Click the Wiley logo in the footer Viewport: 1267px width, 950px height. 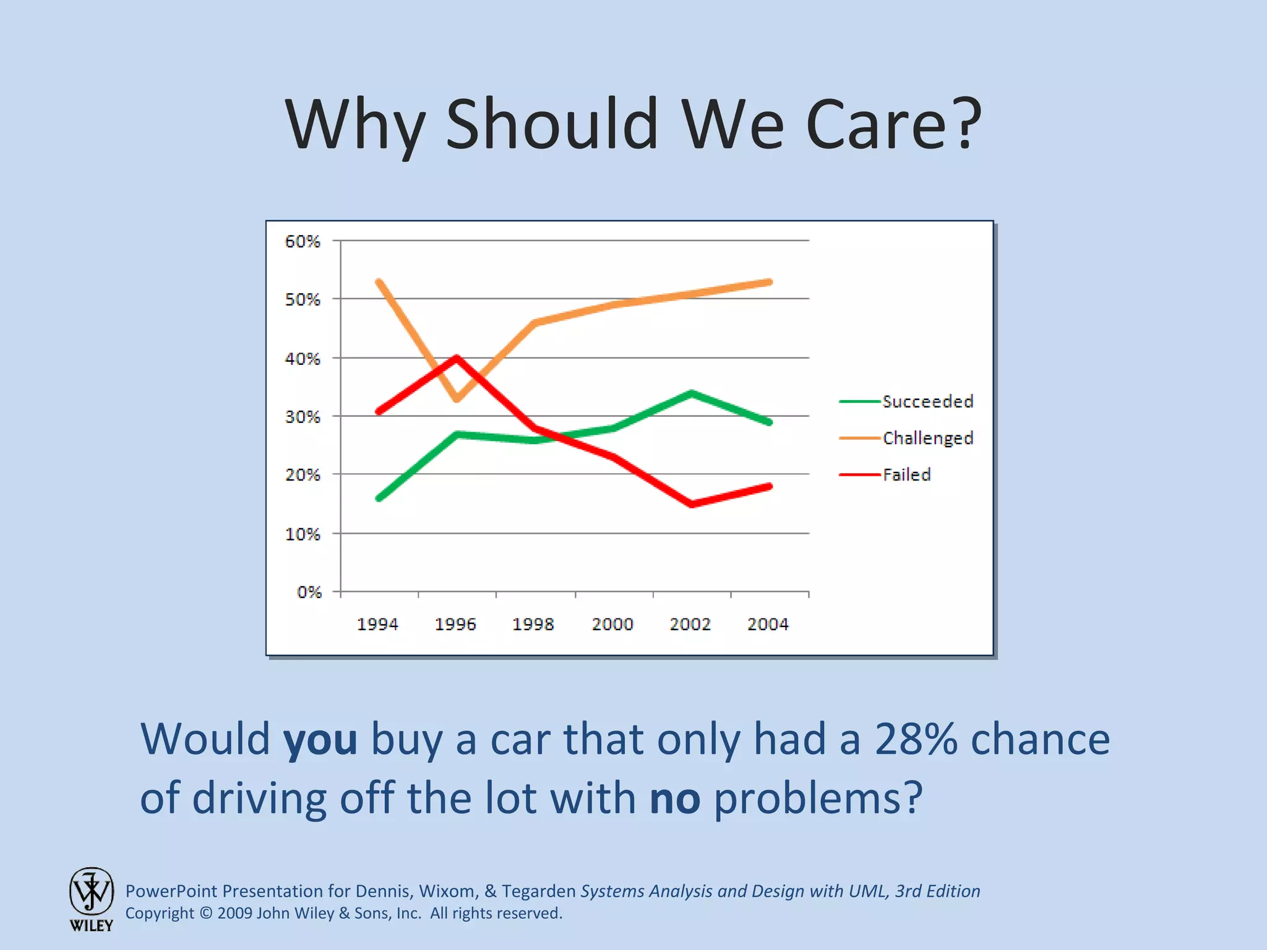tap(92, 898)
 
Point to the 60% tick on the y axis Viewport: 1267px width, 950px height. tap(302, 241)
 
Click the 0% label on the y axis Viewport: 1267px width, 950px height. tap(309, 592)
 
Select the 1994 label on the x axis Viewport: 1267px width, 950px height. tap(377, 623)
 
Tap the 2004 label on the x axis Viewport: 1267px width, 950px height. tap(768, 623)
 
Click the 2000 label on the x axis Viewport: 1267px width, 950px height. tap(612, 623)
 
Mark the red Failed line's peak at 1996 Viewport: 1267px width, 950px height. tap(457, 357)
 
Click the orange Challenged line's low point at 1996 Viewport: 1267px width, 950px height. tap(457, 400)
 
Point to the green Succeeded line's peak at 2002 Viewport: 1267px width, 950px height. tap(691, 393)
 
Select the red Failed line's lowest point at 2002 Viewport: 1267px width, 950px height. tap(691, 504)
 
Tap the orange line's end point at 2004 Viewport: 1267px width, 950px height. tap(769, 282)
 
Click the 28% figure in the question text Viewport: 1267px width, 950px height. tap(916, 739)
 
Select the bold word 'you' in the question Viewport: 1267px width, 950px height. tap(320, 740)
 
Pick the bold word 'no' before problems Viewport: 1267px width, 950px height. tap(675, 798)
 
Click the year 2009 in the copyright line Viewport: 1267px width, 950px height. tap(234, 914)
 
